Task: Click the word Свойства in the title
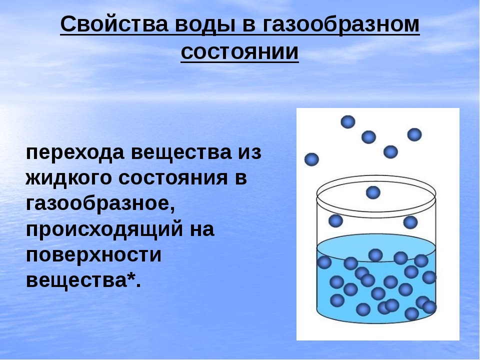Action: pyautogui.click(x=114, y=24)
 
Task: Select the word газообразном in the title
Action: pyautogui.click(x=340, y=25)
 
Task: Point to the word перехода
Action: pyautogui.click(x=75, y=153)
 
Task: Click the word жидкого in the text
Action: pyautogui.click(x=68, y=178)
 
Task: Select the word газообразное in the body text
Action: pyautogui.click(x=100, y=203)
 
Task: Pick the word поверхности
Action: pyautogui.click(x=93, y=254)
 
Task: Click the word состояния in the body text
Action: pyautogui.click(x=172, y=178)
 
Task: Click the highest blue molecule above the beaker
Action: pyautogui.click(x=348, y=122)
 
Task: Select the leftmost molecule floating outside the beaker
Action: pyautogui.click(x=311, y=159)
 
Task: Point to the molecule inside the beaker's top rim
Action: pyautogui.click(x=373, y=192)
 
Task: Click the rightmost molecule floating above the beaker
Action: pyautogui.click(x=414, y=134)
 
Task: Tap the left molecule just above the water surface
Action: pyautogui.click(x=335, y=220)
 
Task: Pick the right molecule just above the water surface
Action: pyautogui.click(x=410, y=222)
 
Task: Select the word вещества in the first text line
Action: pyautogui.click(x=181, y=152)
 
